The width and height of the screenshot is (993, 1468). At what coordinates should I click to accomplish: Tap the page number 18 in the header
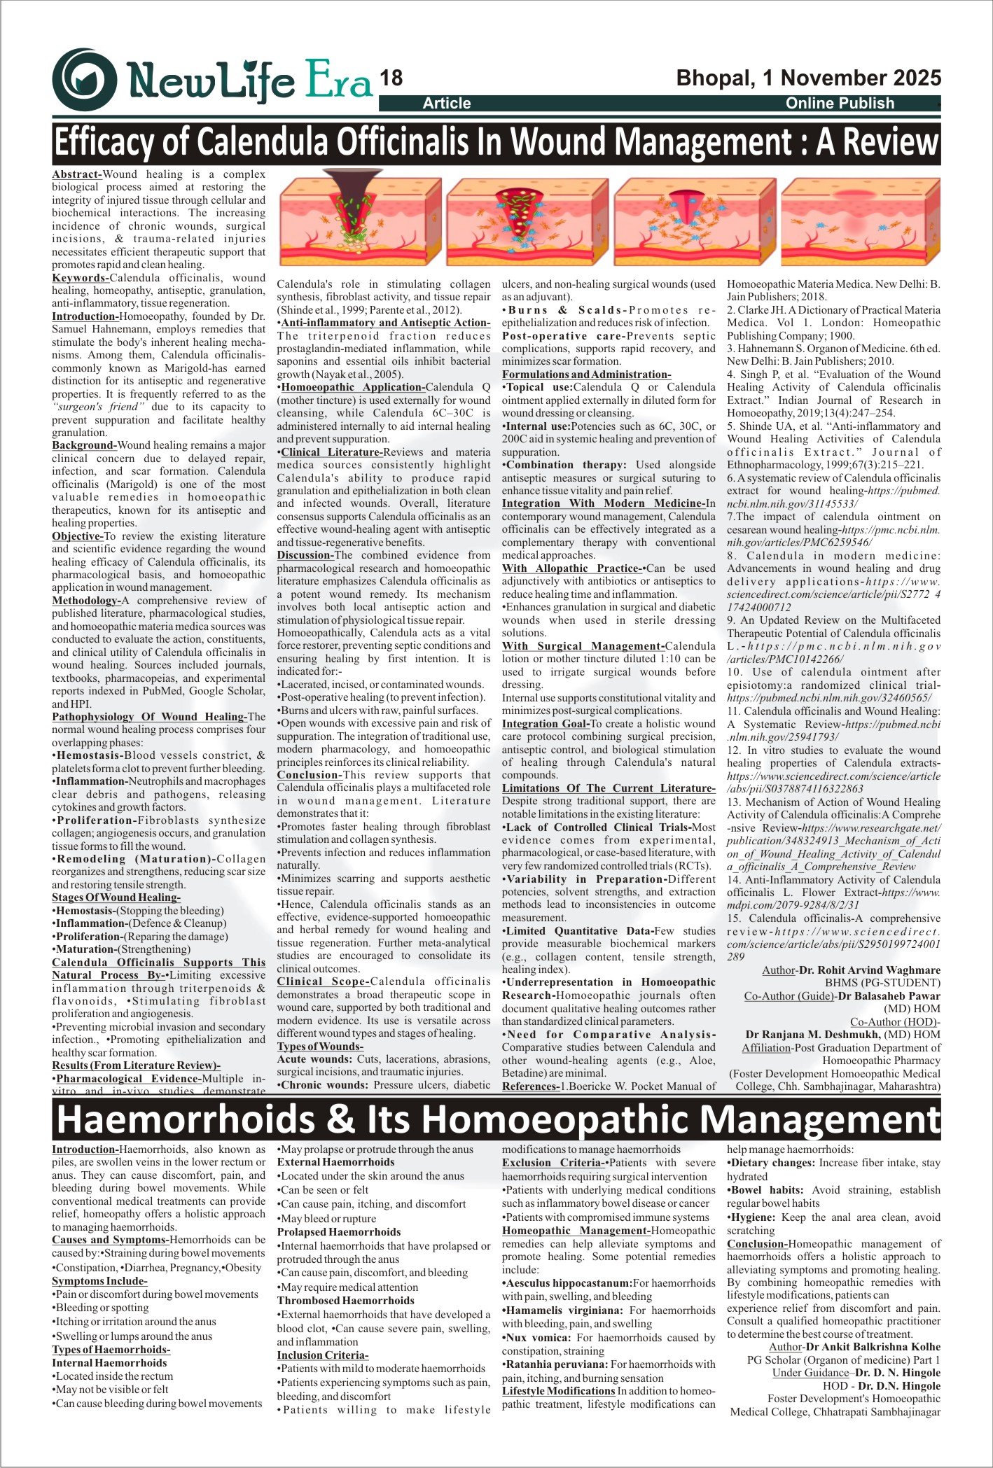tap(391, 79)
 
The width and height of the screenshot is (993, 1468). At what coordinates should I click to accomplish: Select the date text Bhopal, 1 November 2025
tap(808, 78)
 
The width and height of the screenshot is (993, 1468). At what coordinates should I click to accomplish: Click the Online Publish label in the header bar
tap(840, 104)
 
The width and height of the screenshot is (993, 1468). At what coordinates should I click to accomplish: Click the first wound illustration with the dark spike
tap(360, 222)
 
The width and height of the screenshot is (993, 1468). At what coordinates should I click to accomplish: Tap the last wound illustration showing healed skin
tap(860, 222)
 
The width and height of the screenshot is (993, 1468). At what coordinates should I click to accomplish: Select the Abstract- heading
tap(77, 174)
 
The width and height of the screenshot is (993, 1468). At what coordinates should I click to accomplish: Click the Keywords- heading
tap(81, 278)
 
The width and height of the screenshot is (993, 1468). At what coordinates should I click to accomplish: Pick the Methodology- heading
tap(87, 601)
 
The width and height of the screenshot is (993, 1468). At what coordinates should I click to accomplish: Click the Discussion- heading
tap(305, 555)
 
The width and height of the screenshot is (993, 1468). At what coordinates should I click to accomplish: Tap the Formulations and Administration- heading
tap(586, 375)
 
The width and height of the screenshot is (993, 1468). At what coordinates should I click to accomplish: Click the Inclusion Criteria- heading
tap(322, 1355)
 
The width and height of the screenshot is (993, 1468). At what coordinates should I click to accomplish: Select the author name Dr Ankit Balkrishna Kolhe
tap(873, 1347)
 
